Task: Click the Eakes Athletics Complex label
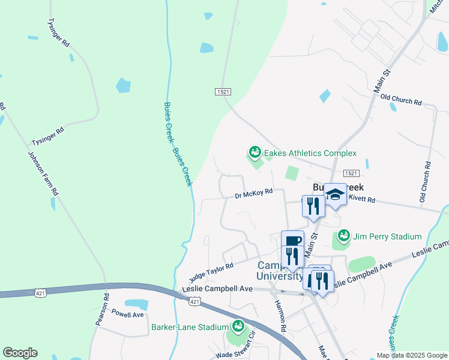(310, 154)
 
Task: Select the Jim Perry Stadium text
(388, 236)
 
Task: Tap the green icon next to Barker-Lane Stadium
(238, 327)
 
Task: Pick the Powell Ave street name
(128, 314)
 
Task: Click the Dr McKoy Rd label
(253, 193)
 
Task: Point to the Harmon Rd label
(280, 314)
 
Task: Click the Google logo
(20, 353)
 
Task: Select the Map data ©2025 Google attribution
(411, 355)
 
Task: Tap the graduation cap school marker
(336, 194)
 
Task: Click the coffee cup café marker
(293, 241)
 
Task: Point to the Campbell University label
(280, 271)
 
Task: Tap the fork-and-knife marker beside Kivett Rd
(313, 206)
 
